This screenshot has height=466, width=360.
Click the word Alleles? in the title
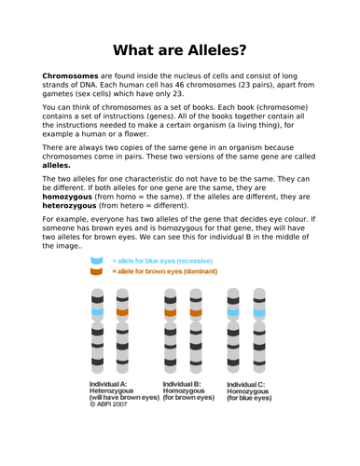[215, 49]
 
